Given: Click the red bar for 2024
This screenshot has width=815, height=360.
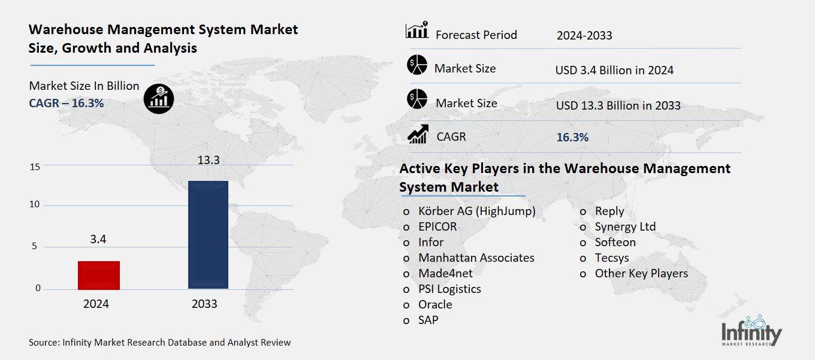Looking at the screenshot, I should click(99, 275).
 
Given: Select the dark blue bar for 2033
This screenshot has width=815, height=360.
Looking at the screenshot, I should click(208, 235).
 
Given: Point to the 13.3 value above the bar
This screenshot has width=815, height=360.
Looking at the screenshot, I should click(209, 161).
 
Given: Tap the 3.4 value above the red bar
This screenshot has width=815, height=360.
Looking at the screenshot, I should click(98, 240).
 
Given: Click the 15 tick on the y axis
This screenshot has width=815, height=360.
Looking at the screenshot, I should click(35, 167).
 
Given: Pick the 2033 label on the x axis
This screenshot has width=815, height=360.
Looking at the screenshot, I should click(204, 304).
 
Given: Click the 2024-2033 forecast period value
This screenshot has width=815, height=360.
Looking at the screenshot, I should click(584, 35).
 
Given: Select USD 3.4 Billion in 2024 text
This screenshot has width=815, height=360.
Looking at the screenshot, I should click(614, 70).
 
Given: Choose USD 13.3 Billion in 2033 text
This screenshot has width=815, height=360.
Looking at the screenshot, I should click(618, 105).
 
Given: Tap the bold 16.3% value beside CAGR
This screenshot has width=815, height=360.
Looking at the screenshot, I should click(572, 137).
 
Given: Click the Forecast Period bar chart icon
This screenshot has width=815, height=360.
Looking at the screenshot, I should click(417, 30).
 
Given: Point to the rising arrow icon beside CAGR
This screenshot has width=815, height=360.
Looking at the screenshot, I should click(417, 134).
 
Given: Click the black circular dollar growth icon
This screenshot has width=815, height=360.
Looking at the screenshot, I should click(159, 98).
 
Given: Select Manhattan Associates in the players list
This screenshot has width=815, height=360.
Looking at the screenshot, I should click(476, 258).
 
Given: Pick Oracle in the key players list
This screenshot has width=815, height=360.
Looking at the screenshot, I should click(435, 304).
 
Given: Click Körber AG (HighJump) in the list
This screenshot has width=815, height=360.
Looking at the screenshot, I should click(477, 211).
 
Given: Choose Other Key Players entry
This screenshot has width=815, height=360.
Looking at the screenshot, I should click(641, 273).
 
